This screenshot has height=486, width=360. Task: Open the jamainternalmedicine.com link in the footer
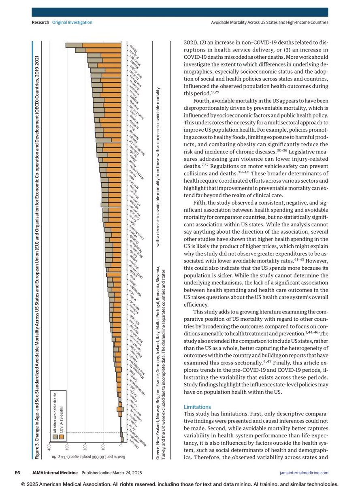pyautogui.click(x=304, y=472)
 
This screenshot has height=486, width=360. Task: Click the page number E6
pyautogui.click(x=18, y=472)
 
